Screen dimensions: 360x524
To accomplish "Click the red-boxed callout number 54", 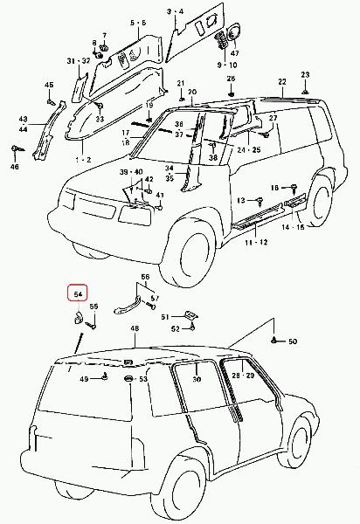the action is [78, 294].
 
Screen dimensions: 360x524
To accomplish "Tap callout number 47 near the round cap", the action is [235, 53].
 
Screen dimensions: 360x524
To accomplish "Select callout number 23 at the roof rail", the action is [305, 75].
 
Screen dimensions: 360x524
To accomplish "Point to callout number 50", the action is [293, 341].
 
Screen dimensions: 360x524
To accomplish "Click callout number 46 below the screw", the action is [15, 167].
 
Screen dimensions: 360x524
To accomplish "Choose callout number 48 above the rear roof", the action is [135, 328].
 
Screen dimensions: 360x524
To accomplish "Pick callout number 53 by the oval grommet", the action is [143, 379].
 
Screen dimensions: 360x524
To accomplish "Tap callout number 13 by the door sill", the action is [241, 200].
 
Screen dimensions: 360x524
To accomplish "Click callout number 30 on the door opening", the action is [197, 379].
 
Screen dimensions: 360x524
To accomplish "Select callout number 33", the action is [100, 119].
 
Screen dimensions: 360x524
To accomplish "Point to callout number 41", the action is [160, 195].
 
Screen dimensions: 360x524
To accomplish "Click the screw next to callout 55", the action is [91, 324].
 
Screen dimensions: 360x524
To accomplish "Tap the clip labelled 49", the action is [106, 377].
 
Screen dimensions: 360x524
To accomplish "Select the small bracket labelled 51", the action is [191, 314].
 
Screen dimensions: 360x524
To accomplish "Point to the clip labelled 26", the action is [231, 93].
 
